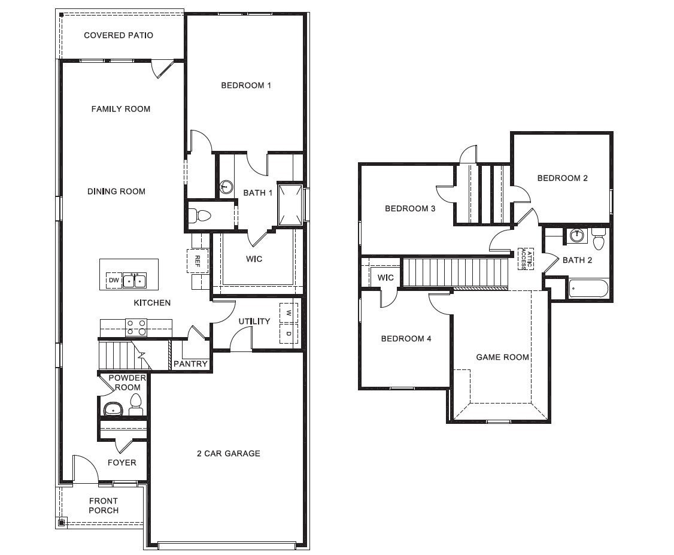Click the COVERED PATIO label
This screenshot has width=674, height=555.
pos(119,35)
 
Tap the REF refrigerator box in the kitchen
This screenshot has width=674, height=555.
pos(198,260)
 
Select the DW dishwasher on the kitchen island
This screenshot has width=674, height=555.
pos(114,280)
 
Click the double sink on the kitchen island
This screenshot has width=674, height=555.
pos(135,280)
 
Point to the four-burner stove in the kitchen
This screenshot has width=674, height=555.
pos(136,327)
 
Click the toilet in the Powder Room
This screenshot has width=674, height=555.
pos(136,405)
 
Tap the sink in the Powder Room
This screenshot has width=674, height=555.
pos(113,410)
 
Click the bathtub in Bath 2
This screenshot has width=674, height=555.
pos(588,289)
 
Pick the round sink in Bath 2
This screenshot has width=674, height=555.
pos(577,235)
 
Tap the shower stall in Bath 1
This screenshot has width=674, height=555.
pos(290,203)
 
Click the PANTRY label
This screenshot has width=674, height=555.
pos(190,363)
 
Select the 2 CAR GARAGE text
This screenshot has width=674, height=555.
pos(228,453)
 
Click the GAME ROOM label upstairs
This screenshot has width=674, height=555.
pos(502,357)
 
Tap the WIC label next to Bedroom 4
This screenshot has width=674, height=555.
pos(385,278)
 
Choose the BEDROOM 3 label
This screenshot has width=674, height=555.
pos(409,208)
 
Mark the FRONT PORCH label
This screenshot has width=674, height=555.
pos(104,505)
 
